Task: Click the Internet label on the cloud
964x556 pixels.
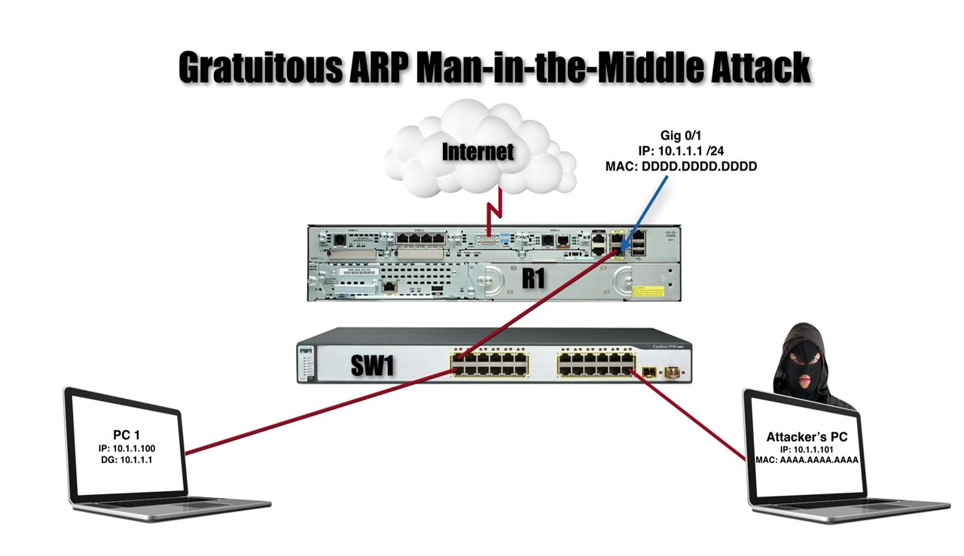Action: (477, 151)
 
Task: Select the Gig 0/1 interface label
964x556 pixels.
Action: (681, 136)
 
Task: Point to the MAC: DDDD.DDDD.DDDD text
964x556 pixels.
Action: (681, 166)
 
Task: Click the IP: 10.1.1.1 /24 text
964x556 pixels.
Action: (681, 151)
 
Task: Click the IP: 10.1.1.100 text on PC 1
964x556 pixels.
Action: (126, 448)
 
